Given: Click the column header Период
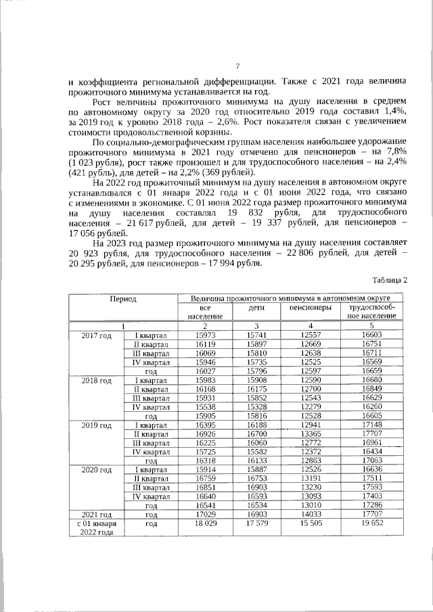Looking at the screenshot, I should [124, 298].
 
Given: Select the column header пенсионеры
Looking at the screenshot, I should [311, 308].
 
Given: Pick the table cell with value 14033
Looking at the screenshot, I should [311, 514].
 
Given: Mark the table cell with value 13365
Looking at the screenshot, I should [311, 433].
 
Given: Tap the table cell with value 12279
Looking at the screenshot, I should [311, 406].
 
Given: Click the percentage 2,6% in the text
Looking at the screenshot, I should [201, 121].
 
